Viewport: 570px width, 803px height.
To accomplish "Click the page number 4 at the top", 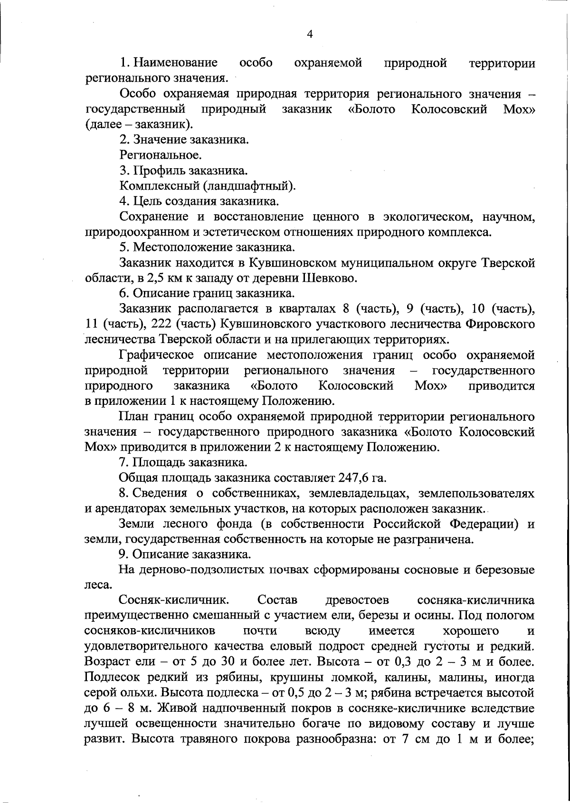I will [310, 34].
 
